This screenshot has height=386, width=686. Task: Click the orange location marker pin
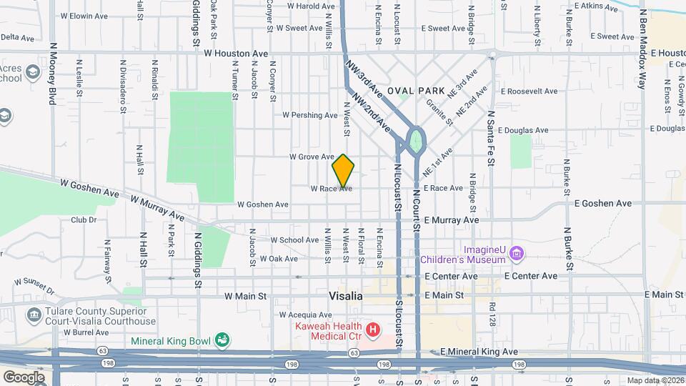(344, 172)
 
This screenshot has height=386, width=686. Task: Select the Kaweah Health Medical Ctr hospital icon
(372, 330)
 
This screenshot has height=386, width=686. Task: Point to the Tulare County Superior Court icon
(34, 315)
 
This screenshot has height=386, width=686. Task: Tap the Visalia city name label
(346, 295)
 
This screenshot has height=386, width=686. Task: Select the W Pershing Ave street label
(310, 115)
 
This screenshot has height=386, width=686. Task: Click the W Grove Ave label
(312, 157)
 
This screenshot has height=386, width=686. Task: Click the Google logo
(24, 377)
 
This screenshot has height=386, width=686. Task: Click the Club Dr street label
(83, 220)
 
